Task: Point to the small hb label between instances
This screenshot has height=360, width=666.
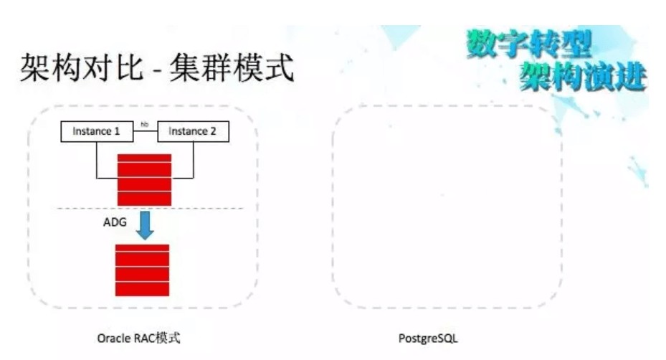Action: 144,125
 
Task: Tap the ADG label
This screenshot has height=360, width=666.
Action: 115,222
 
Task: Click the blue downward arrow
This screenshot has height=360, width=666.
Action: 146,225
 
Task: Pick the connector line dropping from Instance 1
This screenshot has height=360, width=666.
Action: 97,159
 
